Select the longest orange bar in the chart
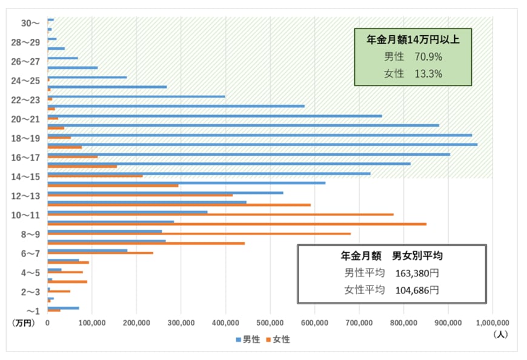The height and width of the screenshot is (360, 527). click(x=236, y=224)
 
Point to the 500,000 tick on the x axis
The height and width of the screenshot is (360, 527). click(x=270, y=323)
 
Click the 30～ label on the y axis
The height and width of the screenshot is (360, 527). click(x=30, y=22)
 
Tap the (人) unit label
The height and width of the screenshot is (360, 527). click(x=501, y=333)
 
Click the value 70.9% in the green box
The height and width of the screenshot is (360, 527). click(x=428, y=57)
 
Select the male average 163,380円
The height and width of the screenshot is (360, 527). click(x=417, y=273)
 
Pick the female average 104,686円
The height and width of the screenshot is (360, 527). click(x=417, y=290)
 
